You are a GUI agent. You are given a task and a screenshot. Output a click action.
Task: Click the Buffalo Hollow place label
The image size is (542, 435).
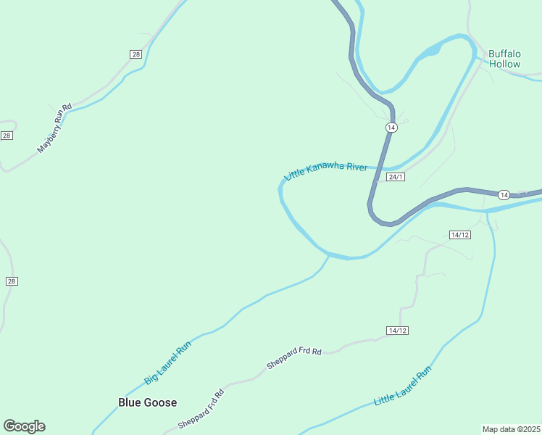[x=504, y=59]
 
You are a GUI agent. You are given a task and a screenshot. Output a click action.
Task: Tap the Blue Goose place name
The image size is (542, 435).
[x=148, y=402]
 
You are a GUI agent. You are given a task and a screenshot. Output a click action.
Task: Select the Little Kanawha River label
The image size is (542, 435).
[x=326, y=172]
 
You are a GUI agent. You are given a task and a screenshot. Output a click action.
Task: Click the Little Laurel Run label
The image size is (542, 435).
[x=402, y=386]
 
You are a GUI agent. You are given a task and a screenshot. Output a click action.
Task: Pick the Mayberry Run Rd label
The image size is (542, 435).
[x=55, y=128]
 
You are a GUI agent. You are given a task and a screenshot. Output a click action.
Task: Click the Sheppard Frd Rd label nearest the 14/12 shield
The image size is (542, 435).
[x=293, y=358]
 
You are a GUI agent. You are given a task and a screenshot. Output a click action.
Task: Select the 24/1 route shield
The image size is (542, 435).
[x=395, y=177]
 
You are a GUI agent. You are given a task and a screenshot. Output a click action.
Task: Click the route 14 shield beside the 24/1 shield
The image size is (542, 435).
[x=391, y=128]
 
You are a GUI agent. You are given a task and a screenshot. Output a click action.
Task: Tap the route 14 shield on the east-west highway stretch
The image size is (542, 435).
[x=504, y=194]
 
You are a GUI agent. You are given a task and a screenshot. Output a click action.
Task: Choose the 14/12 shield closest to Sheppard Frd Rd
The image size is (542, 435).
[x=398, y=331]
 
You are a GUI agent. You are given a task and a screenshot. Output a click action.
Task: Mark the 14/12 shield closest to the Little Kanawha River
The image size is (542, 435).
[x=460, y=235]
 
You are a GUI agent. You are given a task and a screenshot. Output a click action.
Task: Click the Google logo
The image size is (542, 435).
[x=24, y=426]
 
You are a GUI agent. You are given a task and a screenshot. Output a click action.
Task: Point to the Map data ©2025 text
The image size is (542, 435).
[x=512, y=428]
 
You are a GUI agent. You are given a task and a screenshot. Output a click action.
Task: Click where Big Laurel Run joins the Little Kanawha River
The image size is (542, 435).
[x=328, y=254]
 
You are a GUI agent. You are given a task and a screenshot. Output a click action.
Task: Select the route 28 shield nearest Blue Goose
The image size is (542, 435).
[x=11, y=281]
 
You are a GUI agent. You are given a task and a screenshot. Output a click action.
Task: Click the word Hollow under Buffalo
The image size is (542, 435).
[x=504, y=64]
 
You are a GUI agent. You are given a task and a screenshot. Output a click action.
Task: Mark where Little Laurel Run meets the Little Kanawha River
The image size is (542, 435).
[x=488, y=212]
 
